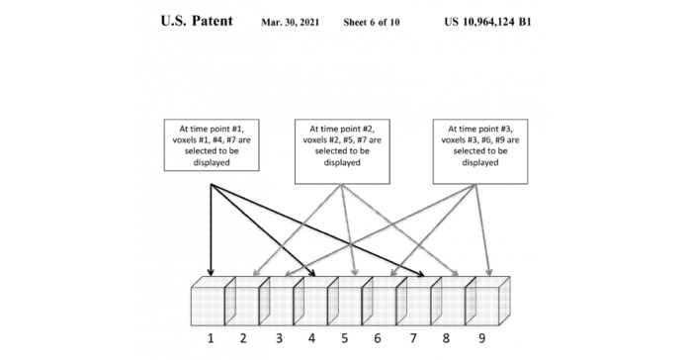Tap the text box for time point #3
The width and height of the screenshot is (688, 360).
pyautogui.click(x=480, y=145)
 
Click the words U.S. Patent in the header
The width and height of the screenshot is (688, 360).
pyautogui.click(x=197, y=21)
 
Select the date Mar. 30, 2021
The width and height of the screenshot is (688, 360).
pyautogui.click(x=294, y=22)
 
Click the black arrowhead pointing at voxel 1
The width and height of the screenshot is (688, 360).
pyautogui.click(x=212, y=272)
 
